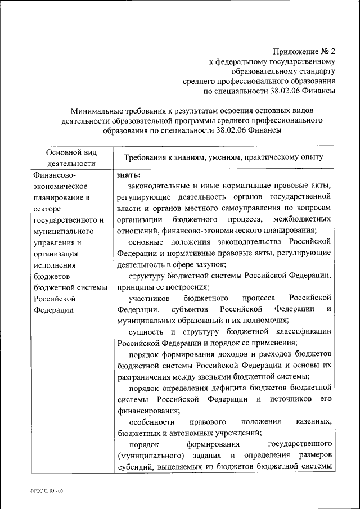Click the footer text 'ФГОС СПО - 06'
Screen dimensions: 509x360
[47, 491]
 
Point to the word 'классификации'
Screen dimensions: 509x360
[304, 331]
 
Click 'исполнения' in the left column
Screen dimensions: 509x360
[52, 265]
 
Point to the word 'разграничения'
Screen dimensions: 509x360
[143, 376]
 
